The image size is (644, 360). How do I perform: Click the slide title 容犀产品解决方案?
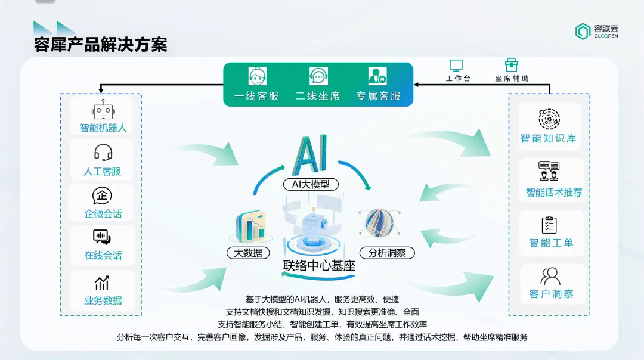click(x=101, y=45)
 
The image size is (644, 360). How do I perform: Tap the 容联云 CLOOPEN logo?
click(x=597, y=31)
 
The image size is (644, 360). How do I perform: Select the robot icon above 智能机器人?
click(x=103, y=110)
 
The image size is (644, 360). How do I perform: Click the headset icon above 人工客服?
click(x=103, y=153)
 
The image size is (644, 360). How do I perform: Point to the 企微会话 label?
click(x=103, y=214)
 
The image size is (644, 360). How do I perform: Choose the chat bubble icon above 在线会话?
click(x=102, y=237)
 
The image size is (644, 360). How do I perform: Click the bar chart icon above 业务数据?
click(x=102, y=283)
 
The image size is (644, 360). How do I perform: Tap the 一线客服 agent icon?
click(x=258, y=76)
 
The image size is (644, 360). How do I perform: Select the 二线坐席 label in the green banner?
click(x=318, y=96)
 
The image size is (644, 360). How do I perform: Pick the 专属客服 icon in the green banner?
click(x=377, y=76)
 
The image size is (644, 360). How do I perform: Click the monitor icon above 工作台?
click(x=456, y=66)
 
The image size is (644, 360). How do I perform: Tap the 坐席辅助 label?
click(x=512, y=79)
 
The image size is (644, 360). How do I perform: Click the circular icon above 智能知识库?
click(x=549, y=119)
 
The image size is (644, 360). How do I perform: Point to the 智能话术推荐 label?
click(x=554, y=192)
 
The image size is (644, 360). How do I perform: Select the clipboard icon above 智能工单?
click(x=549, y=225)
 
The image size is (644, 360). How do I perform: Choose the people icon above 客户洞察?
click(x=550, y=277)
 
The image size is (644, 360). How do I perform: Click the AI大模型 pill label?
click(x=311, y=184)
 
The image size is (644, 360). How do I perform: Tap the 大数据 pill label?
click(x=248, y=253)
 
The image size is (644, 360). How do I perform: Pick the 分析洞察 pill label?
click(x=387, y=253)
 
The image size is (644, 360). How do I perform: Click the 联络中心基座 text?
click(x=319, y=266)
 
